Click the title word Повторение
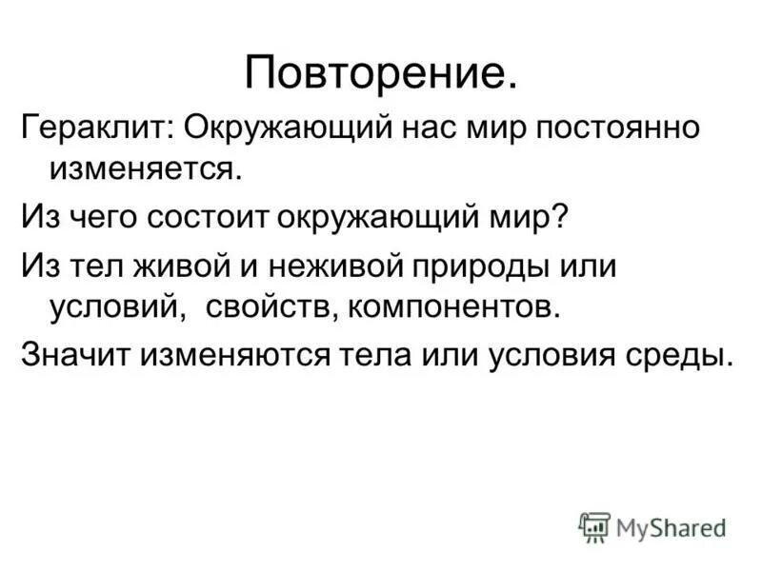(x=381, y=71)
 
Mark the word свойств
(x=261, y=306)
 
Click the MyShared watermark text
(x=671, y=527)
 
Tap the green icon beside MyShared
(x=593, y=527)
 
